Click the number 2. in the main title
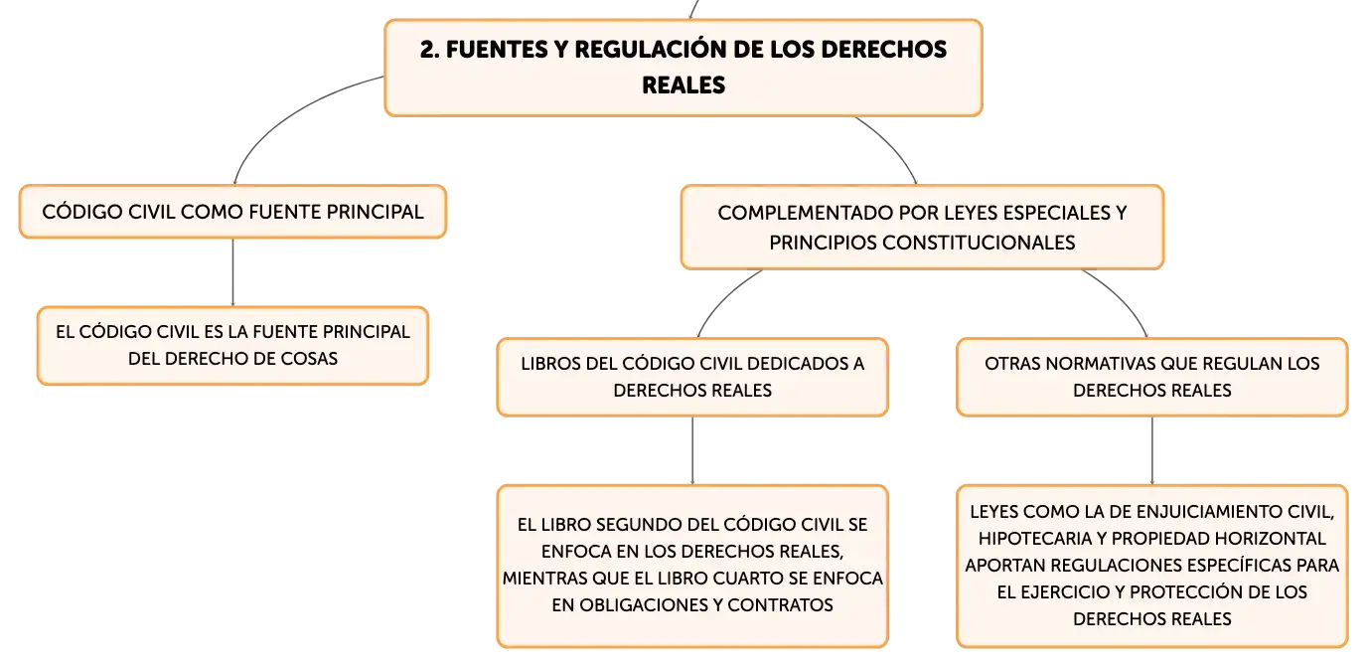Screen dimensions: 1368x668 pos(430,50)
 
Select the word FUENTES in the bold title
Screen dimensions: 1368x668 pos(497,50)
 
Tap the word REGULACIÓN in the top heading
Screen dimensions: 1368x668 pos(650,49)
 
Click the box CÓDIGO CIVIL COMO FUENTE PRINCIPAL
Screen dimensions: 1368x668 pos(232,212)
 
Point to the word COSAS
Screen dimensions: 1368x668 pos(309,359)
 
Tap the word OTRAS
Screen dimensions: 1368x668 pos(1009,364)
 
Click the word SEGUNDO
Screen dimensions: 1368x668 pos(638,525)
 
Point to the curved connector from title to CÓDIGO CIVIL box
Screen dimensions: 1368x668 pos(287,113)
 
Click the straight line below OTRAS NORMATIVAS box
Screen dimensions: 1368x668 pos(1152,450)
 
